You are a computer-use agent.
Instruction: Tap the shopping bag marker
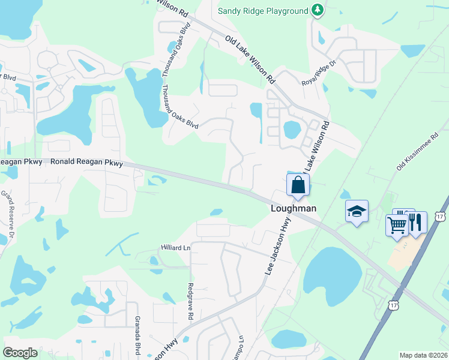click(298, 185)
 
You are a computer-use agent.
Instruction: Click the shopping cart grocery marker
click(396, 226)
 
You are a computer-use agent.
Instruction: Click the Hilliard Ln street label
click(175, 247)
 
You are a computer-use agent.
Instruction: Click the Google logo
click(20, 352)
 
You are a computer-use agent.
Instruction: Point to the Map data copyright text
click(423, 355)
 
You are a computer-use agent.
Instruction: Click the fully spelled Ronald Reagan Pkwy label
click(86, 163)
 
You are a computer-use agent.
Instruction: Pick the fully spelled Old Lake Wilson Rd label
click(250, 59)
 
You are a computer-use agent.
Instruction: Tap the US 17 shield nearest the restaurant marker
click(442, 215)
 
